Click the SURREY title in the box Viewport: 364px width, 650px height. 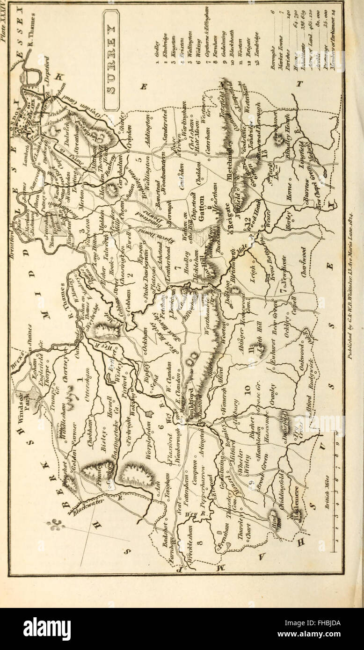(111, 60)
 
